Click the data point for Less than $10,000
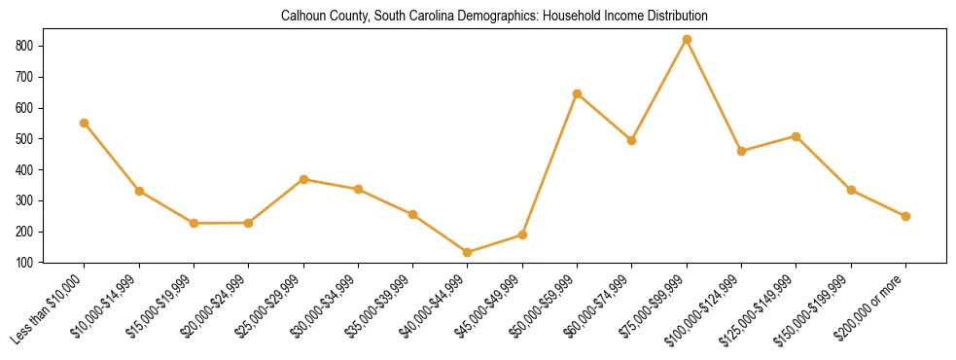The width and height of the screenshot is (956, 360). (85, 123)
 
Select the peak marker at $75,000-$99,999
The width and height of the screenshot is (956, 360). (687, 39)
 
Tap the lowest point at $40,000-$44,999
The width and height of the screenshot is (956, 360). (468, 252)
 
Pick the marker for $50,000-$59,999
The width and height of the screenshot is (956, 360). (578, 93)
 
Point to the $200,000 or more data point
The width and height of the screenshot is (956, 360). (905, 216)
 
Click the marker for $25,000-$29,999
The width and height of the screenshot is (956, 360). (303, 179)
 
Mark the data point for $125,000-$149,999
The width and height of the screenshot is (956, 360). (797, 136)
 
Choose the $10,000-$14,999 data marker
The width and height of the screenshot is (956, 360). (139, 191)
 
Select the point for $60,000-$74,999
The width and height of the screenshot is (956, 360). (632, 140)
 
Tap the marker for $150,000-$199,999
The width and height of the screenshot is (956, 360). (851, 190)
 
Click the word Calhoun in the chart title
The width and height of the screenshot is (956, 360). (301, 17)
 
